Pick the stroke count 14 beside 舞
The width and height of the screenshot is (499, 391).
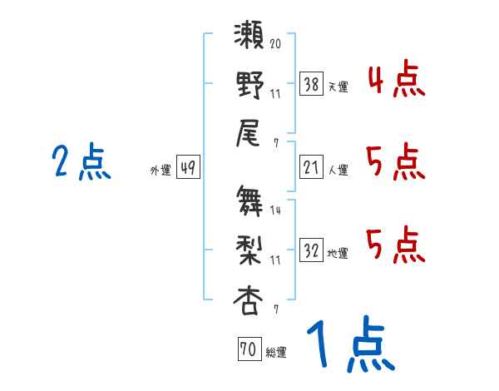pyautogui.click(x=275, y=210)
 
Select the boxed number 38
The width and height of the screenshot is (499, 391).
pyautogui.click(x=311, y=84)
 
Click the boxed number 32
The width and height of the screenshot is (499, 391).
pyautogui.click(x=311, y=250)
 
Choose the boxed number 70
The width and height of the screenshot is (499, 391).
pyautogui.click(x=249, y=350)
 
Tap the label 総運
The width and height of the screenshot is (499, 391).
pyautogui.click(x=275, y=353)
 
